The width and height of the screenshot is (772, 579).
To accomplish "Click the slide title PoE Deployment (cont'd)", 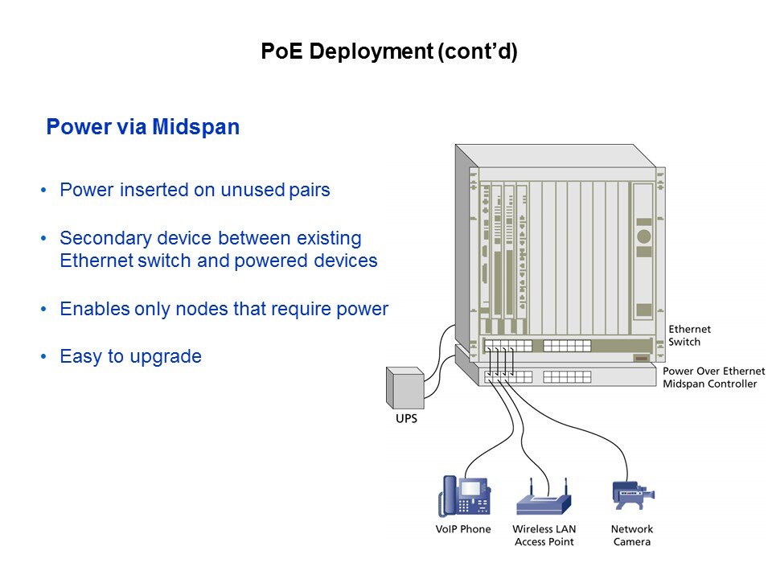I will click(x=388, y=52).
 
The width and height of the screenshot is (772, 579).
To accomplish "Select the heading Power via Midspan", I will click(x=142, y=128).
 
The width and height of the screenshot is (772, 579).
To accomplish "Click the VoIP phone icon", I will click(x=463, y=495).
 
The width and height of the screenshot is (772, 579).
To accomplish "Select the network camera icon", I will click(x=632, y=494).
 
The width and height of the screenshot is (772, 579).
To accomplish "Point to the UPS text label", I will click(x=406, y=420).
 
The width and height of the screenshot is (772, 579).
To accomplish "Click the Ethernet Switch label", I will click(x=690, y=335).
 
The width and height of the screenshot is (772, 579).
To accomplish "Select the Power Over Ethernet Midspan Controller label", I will click(x=710, y=378).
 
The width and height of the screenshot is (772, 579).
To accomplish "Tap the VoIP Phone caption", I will click(x=463, y=529).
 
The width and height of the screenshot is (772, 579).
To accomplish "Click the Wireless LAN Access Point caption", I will click(x=544, y=536).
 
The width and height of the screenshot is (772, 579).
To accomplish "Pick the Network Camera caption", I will click(x=632, y=536).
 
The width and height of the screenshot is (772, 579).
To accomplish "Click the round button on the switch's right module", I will click(x=643, y=236).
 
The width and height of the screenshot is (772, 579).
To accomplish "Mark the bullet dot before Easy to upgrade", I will click(x=43, y=357).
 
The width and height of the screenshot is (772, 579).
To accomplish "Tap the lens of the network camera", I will click(x=650, y=493).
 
